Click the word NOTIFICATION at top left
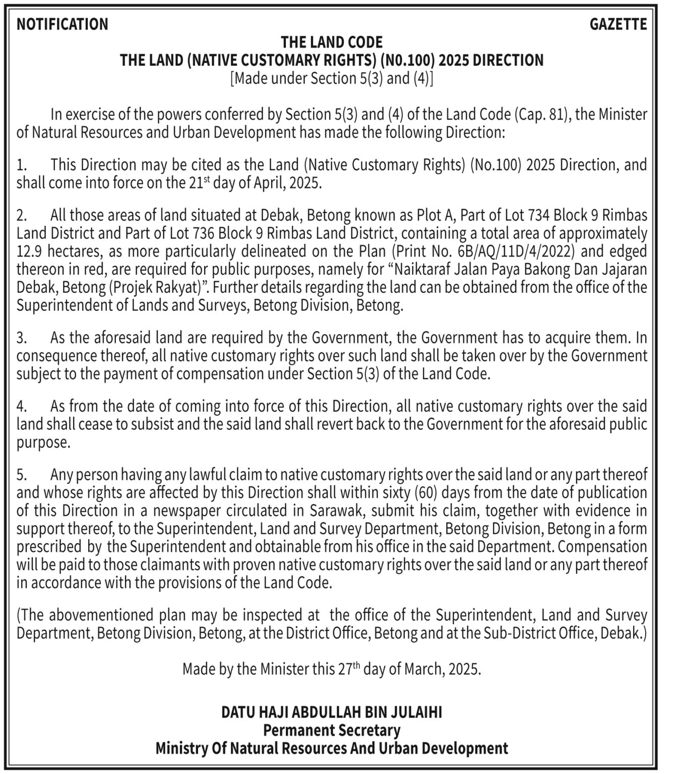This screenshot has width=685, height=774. coord(62,24)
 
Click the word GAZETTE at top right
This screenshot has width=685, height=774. coord(618,24)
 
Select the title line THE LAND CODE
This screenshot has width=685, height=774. coord(332,42)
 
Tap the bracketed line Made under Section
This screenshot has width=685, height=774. coord(332,79)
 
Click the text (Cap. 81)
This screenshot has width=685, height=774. coord(541,114)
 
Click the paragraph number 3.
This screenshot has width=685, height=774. coord(21,338)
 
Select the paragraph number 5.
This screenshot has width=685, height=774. coord(21,475)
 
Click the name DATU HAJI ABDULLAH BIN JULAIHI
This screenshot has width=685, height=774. coord(332,712)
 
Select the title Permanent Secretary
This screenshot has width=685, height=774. coord(332,730)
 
